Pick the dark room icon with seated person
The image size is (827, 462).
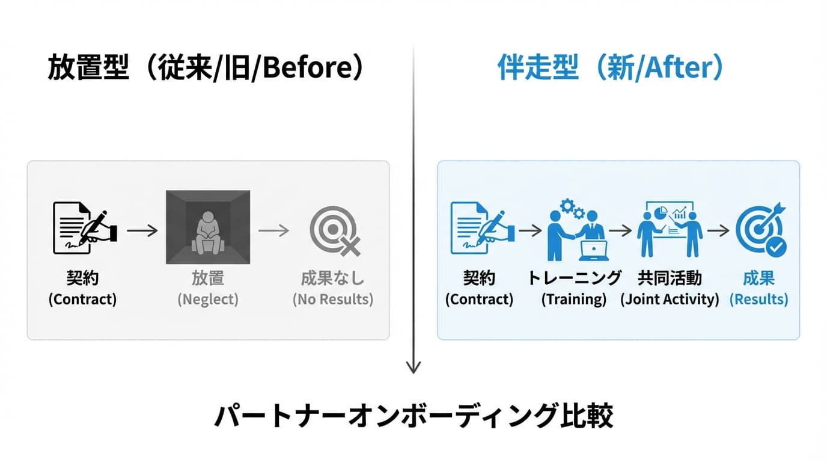click(x=208, y=227)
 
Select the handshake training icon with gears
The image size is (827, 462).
click(x=575, y=230)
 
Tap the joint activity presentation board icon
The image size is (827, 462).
click(x=670, y=229)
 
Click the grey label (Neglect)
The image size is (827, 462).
click(x=208, y=300)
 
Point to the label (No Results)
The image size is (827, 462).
click(x=333, y=300)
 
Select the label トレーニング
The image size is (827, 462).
click(x=574, y=278)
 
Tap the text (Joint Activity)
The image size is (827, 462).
click(x=670, y=300)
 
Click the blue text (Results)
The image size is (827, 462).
click(x=758, y=300)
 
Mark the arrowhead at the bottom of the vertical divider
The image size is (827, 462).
click(x=413, y=367)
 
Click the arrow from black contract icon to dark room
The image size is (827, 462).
click(x=142, y=230)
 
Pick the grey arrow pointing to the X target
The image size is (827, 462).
click(x=274, y=230)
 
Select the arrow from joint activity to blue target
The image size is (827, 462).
click(x=718, y=230)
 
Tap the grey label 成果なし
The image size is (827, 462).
click(x=333, y=278)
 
